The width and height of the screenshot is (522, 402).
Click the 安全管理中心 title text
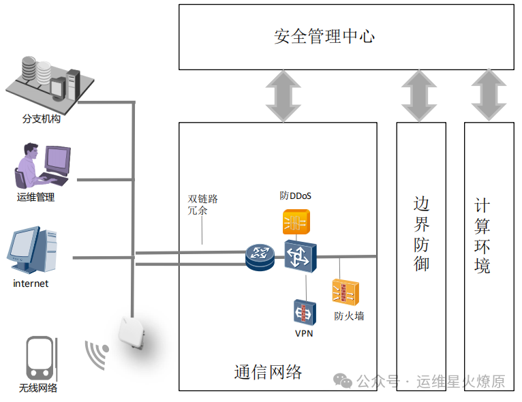click(x=324, y=36)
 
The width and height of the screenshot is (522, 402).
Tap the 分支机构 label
click(x=42, y=119)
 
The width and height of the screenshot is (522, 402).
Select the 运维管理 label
click(x=35, y=198)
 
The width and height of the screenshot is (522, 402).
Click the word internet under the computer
click(x=31, y=283)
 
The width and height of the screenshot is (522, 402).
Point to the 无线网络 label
click(x=38, y=388)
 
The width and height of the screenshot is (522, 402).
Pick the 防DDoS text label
click(x=296, y=196)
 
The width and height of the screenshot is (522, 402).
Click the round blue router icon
click(x=260, y=257)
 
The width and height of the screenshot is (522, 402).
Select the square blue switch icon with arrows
click(x=301, y=256)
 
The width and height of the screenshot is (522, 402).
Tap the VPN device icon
click(x=304, y=312)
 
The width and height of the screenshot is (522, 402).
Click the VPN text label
click(x=304, y=333)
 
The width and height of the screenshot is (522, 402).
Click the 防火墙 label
click(x=349, y=315)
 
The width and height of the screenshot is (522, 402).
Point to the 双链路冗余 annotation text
click(x=202, y=204)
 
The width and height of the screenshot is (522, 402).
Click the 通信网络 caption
click(x=268, y=372)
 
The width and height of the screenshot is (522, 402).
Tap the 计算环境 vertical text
click(x=482, y=235)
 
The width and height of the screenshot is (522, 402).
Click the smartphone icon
click(x=39, y=357)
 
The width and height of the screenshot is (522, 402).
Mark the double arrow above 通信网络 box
click(x=283, y=96)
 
